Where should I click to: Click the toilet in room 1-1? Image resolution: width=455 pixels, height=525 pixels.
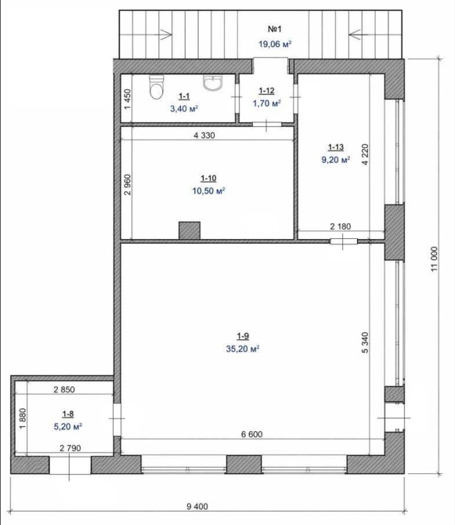(x=157, y=87)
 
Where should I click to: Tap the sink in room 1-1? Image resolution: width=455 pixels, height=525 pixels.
(x=212, y=83)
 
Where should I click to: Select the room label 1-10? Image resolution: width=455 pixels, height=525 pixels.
(x=208, y=178)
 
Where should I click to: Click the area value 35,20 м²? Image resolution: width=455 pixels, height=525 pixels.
(x=243, y=349)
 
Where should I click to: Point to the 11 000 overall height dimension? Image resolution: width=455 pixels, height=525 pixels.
(x=435, y=259)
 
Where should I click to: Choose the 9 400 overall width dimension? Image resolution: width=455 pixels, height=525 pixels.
(x=197, y=506)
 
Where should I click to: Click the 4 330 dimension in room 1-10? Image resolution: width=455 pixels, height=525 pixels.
(x=204, y=136)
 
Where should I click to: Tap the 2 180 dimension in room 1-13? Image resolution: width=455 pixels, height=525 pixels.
(x=341, y=226)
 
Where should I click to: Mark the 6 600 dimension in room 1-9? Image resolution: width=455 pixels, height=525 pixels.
(x=251, y=434)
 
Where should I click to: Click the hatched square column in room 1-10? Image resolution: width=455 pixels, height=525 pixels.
(x=190, y=230)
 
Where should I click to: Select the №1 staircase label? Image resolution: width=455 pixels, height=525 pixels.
(x=275, y=29)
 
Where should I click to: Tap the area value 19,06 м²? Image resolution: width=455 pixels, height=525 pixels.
(x=275, y=44)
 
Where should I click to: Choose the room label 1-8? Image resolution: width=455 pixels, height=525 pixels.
(x=68, y=414)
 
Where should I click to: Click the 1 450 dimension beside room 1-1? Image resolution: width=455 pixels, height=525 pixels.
(x=128, y=99)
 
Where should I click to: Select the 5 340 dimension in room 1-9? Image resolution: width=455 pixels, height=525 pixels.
(x=365, y=342)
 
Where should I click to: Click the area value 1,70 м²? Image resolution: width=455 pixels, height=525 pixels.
(x=266, y=103)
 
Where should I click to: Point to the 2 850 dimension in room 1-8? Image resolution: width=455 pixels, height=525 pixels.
(x=64, y=389)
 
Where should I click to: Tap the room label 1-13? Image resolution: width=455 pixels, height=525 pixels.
(x=336, y=147)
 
